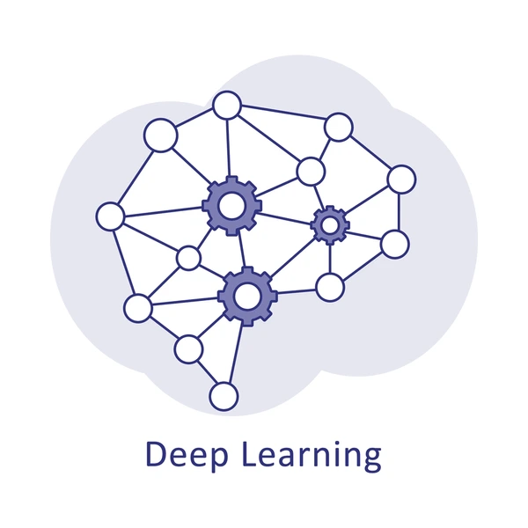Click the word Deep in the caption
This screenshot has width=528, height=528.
[x=181, y=455]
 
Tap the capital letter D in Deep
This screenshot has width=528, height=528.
[x=155, y=454]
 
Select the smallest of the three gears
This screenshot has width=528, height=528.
[x=330, y=225]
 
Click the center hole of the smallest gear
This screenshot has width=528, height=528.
[x=330, y=225]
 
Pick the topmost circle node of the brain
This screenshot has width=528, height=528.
[x=227, y=106]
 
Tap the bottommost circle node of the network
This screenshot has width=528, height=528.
[x=224, y=396]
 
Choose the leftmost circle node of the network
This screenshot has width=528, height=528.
[x=110, y=216]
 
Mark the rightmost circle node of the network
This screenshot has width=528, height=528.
[x=401, y=179]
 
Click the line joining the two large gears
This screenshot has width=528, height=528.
[x=239, y=251]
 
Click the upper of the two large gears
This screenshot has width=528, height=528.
[x=232, y=206]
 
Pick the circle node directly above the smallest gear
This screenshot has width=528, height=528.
[x=310, y=171]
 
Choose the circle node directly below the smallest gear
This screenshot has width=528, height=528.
[x=329, y=286]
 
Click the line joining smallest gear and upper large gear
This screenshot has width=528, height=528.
[x=286, y=216]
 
